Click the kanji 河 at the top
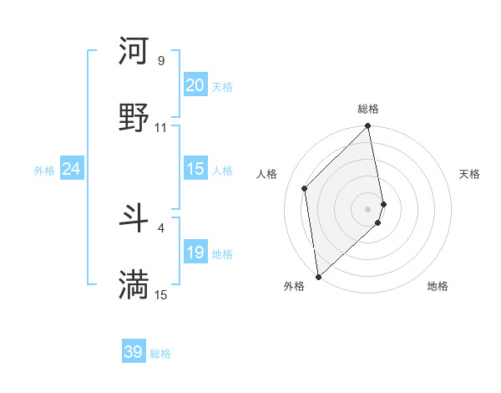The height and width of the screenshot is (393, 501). click(134, 51)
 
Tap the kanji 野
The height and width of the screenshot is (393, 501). click(134, 117)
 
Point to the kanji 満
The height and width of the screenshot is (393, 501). click(134, 284)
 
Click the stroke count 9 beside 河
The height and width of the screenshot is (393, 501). click(161, 61)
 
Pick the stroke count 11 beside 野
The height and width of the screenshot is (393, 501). click(161, 128)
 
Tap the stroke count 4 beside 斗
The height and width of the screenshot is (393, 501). click(161, 227)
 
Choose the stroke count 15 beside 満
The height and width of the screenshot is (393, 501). click(161, 294)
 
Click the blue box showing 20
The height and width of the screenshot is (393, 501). click(195, 85)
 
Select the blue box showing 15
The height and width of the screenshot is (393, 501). click(195, 169)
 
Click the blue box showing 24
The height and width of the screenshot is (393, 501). click(72, 169)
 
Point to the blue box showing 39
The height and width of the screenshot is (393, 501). click(134, 352)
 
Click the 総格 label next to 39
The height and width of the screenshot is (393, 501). click(160, 354)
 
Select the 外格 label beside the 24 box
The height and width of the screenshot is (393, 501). click(44, 171)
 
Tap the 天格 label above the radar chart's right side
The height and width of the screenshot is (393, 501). click(469, 174)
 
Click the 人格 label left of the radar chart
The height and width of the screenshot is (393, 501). click(267, 174)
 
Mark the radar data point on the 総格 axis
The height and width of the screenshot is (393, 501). click(368, 127)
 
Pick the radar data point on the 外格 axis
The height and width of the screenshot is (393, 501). click(317, 277)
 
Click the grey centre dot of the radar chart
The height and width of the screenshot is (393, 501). click(368, 207)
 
